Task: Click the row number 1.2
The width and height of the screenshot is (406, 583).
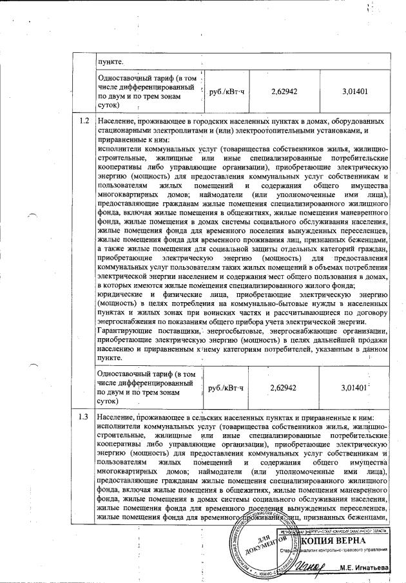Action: coord(83,120)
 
